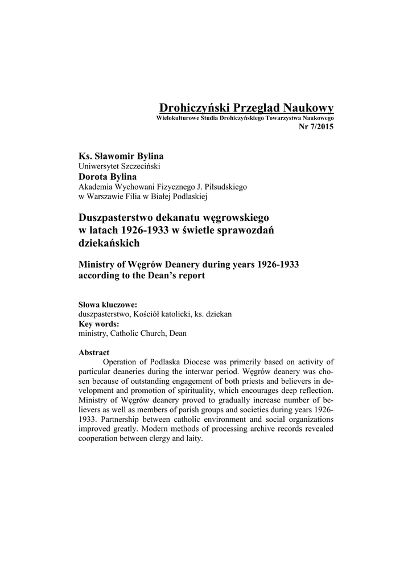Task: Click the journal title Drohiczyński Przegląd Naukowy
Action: (x=246, y=108)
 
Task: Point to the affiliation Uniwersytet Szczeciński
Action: (x=119, y=166)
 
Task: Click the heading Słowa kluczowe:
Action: (x=108, y=305)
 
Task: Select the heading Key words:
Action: (x=98, y=323)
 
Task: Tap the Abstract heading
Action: (x=94, y=352)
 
